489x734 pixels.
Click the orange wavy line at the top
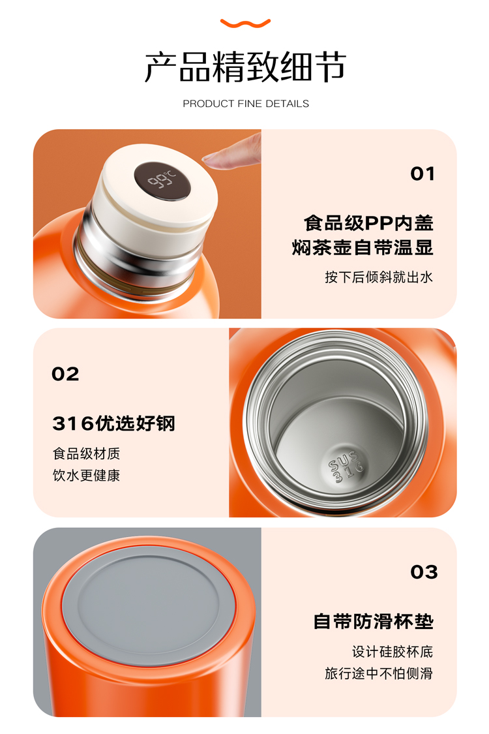(x=245, y=23)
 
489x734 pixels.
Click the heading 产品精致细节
(x=245, y=67)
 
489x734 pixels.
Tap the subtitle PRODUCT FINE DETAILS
(x=246, y=104)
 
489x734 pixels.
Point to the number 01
(x=422, y=174)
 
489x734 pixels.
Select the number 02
(x=65, y=374)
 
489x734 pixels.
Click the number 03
(x=424, y=572)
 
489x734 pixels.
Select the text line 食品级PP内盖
(x=369, y=223)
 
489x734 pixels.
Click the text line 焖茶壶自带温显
(x=363, y=248)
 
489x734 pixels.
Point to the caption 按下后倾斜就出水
(x=379, y=277)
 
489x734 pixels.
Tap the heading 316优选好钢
(x=113, y=423)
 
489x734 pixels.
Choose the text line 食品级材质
(x=86, y=453)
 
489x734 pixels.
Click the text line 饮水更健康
(x=86, y=476)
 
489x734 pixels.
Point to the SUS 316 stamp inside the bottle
(x=346, y=466)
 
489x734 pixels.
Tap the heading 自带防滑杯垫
(x=374, y=622)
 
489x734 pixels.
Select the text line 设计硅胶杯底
(x=393, y=652)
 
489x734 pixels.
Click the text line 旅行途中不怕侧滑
(x=379, y=673)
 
